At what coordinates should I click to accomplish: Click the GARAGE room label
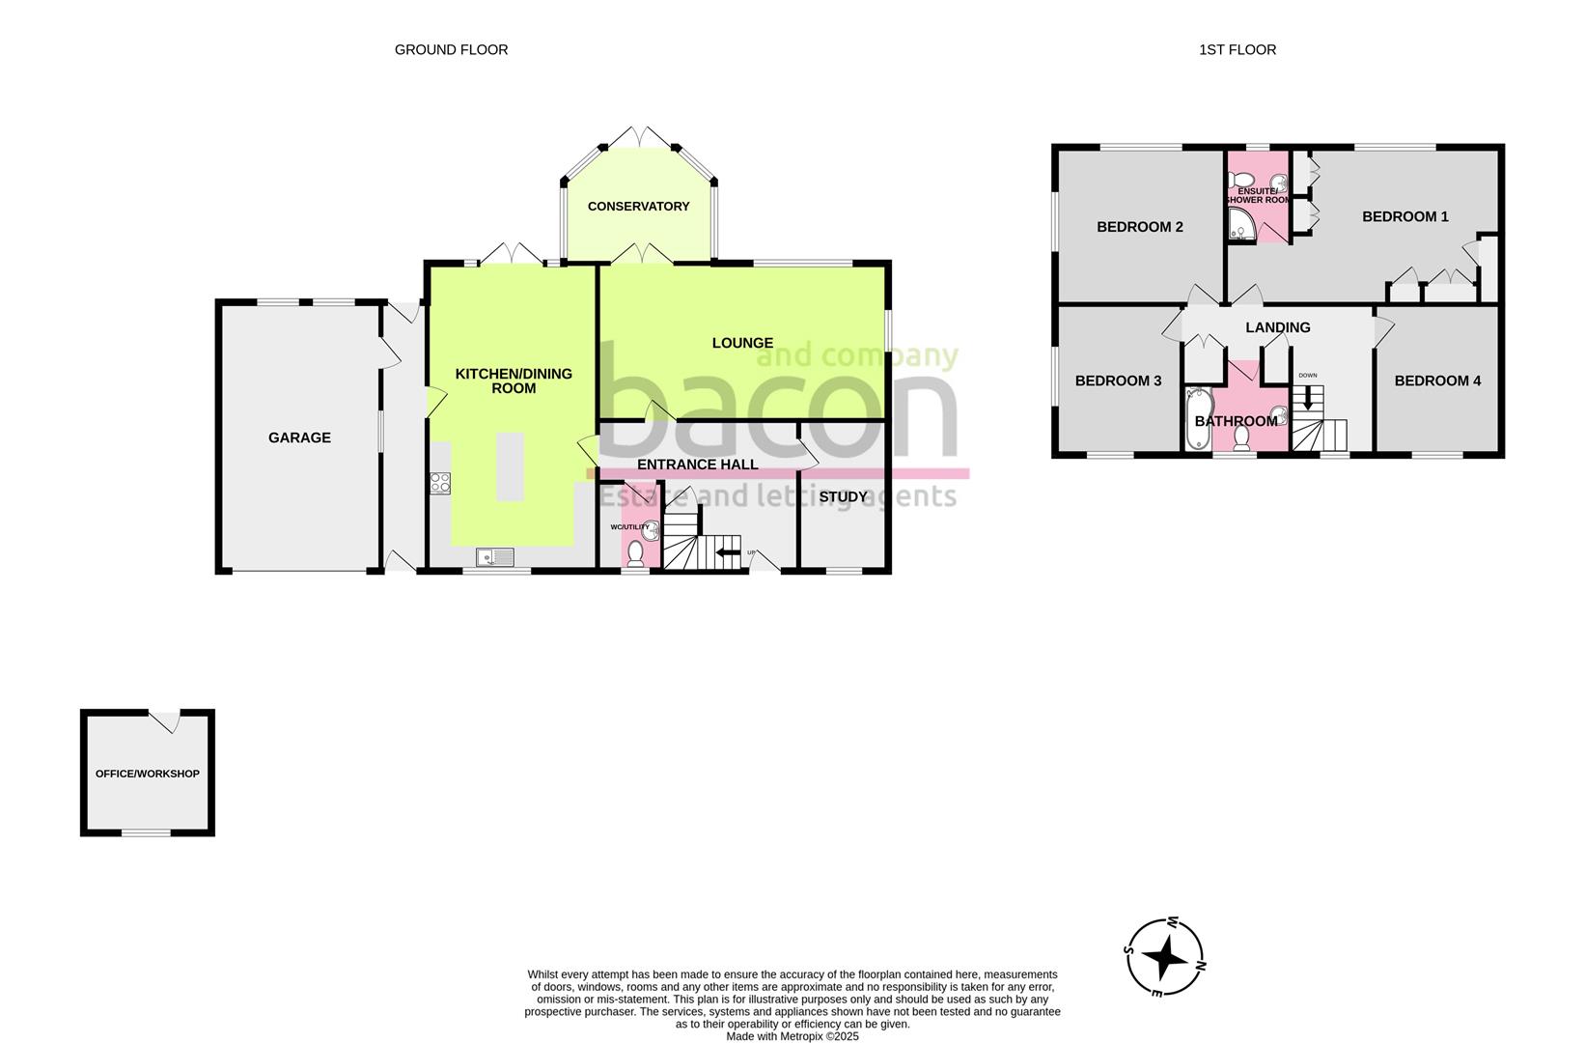[299, 437]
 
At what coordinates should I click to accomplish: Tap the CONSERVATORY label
[638, 206]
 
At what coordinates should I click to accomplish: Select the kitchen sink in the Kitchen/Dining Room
[495, 556]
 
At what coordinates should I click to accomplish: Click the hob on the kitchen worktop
[440, 482]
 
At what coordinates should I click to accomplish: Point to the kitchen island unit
[510, 466]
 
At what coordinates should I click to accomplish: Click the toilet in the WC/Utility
[635, 553]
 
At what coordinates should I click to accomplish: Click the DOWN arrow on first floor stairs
[1308, 397]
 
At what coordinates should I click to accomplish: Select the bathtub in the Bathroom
[1197, 420]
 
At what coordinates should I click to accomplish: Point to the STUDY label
[843, 497]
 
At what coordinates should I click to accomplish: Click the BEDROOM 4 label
[1436, 381]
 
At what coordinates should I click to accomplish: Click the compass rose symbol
[1166, 957]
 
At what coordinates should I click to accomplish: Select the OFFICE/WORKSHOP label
[147, 774]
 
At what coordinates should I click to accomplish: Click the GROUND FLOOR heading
[451, 49]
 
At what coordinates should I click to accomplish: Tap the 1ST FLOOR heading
[1237, 49]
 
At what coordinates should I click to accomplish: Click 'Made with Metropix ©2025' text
[792, 1036]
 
